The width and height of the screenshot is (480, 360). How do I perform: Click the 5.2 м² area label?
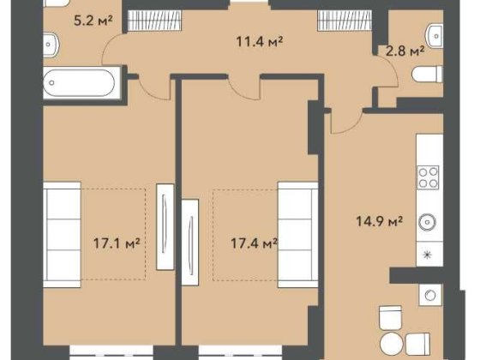click(93, 21)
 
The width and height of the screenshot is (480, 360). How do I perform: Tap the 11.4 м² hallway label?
click(259, 41)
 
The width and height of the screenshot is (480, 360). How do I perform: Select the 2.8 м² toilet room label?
click(405, 51)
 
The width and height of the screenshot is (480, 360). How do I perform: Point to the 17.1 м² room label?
click(117, 243)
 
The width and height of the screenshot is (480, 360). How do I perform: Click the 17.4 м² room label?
click(254, 243)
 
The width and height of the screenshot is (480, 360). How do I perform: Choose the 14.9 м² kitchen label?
click(379, 221)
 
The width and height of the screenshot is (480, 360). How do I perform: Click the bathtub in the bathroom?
click(82, 82)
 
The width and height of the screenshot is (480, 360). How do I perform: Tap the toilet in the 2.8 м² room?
click(428, 75)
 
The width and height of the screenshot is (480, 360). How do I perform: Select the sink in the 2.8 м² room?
click(435, 36)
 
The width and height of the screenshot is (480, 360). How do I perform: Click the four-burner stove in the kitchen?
click(428, 177)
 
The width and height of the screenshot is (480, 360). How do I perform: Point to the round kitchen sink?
click(427, 222)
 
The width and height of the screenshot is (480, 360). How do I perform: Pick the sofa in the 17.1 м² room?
click(62, 235)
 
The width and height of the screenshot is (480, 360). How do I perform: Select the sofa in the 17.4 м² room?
click(298, 235)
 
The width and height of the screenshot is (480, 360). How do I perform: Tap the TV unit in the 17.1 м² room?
click(165, 227)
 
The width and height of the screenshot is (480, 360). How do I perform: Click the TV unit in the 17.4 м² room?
click(190, 242)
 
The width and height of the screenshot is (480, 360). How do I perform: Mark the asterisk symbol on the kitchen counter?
click(428, 255)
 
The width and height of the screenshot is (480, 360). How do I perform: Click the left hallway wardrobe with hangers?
click(155, 21)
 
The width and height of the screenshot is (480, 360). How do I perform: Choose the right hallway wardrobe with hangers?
click(345, 21)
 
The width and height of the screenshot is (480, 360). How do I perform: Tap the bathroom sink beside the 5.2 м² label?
click(51, 45)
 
